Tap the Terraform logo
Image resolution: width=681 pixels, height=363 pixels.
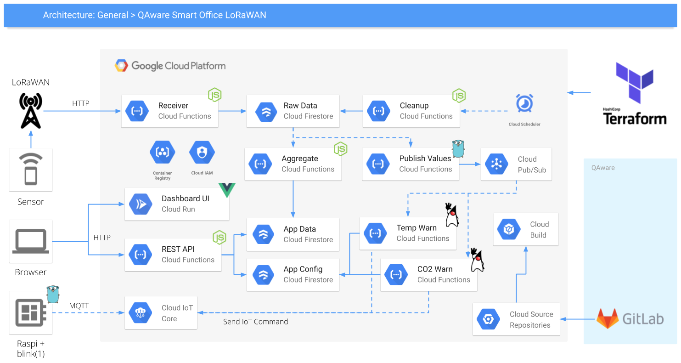click(x=635, y=94)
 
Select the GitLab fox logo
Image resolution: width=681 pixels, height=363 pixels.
click(x=607, y=318)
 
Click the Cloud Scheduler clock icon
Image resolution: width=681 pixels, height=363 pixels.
click(x=524, y=103)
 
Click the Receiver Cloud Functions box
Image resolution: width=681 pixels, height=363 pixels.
click(x=169, y=111)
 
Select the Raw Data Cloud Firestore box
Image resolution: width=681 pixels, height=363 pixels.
click(x=293, y=111)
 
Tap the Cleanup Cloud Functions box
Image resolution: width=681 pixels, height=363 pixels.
click(x=411, y=111)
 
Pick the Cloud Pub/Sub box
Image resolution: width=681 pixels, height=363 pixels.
click(x=516, y=164)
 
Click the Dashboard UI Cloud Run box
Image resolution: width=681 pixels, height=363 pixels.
click(x=177, y=204)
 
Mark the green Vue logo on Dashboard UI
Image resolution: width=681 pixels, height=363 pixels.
click(x=227, y=189)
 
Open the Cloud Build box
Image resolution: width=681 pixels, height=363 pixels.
click(x=525, y=229)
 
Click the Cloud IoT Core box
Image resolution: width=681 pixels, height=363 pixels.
click(x=161, y=313)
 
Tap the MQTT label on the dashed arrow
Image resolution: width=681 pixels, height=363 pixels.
click(x=79, y=306)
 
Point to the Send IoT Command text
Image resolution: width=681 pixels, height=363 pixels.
click(x=255, y=322)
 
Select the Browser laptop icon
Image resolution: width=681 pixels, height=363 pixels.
click(x=31, y=242)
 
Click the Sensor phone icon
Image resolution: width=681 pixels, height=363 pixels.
click(x=31, y=169)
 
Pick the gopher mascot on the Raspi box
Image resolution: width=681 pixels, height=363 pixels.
click(x=53, y=294)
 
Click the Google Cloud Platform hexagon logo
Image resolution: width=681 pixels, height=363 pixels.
click(x=121, y=66)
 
